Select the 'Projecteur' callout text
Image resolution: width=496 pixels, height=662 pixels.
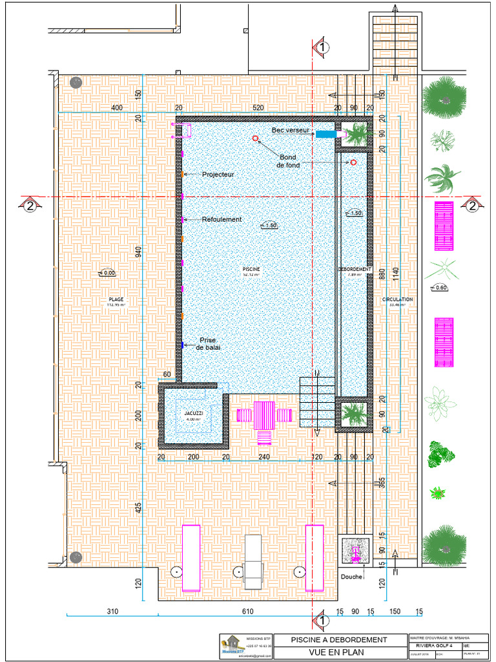point(218,175)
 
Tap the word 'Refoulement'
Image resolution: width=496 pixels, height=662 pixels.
point(222,219)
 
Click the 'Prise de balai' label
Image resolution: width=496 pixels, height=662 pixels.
point(208,344)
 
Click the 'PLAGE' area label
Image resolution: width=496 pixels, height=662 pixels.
point(116,299)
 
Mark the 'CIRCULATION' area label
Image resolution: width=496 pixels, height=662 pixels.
point(397,299)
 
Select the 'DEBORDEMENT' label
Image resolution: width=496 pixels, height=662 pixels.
point(353,269)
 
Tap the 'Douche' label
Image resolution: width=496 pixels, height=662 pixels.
point(352,576)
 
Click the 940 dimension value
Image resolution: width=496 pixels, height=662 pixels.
point(138,251)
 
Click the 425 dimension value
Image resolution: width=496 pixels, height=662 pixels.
point(138,507)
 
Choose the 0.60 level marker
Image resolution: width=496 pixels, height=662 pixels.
point(440,287)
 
